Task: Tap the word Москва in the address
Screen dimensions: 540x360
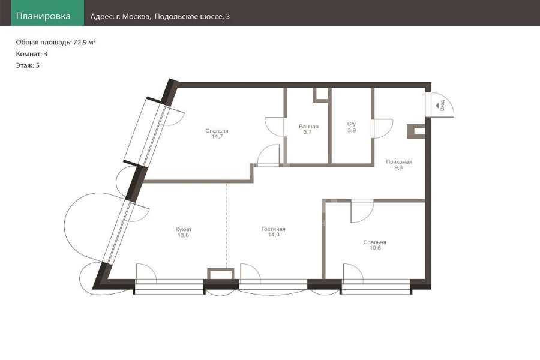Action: [136, 17]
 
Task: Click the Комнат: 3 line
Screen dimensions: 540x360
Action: [31, 54]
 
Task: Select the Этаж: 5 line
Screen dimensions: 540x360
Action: [28, 65]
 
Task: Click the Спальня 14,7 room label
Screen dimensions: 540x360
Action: [217, 133]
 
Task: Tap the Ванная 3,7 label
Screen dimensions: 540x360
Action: [308, 129]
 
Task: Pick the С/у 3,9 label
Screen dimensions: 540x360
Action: [352, 127]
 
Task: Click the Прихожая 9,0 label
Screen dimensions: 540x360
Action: [399, 164]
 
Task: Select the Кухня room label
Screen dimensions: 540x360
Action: [183, 229]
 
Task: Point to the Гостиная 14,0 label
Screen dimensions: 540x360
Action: [274, 232]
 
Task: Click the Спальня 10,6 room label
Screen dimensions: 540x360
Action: [374, 245]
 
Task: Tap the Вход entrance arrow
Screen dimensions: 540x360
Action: [437, 106]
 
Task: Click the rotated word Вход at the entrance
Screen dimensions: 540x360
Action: [443, 105]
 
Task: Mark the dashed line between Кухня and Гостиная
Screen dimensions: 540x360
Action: [226, 226]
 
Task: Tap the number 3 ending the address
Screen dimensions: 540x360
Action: [228, 17]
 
